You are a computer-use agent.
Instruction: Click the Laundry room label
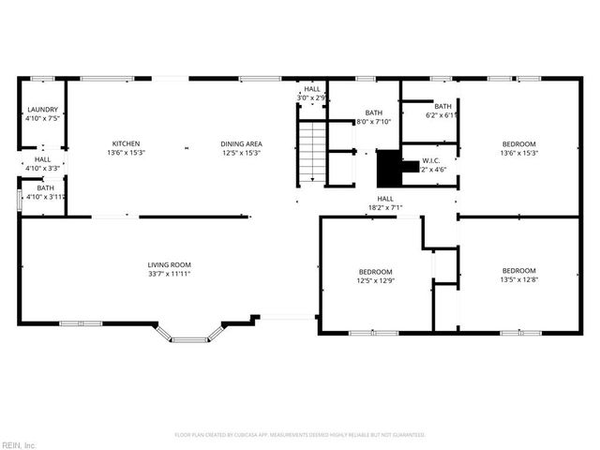pos(43,110)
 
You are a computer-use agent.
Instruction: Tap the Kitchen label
pos(127,143)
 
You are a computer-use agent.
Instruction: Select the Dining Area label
pos(241,143)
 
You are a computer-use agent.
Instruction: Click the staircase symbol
pos(311,152)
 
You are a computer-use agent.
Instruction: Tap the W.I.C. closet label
pos(431,160)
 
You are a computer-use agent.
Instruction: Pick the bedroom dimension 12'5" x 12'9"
pos(375,280)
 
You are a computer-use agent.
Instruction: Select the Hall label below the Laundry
pos(43,159)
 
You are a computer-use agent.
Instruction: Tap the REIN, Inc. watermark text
pos(19,444)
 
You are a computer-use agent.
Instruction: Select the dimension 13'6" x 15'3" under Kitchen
pos(127,153)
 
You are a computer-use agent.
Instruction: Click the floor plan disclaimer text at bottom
pos(300,435)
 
